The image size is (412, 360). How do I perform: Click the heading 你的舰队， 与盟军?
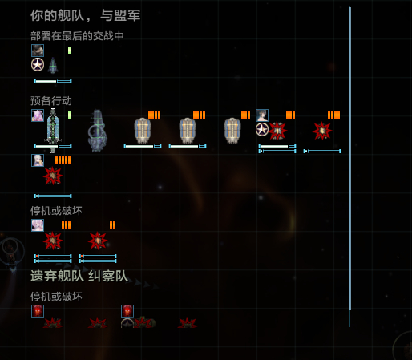[85, 15]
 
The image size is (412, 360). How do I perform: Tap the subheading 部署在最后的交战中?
[77, 36]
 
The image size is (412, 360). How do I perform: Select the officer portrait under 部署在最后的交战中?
[38, 51]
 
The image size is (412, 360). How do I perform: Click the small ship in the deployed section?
[53, 65]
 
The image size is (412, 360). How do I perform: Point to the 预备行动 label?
[51, 101]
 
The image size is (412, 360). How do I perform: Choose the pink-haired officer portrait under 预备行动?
[38, 115]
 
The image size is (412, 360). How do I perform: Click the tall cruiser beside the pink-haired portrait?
[53, 127]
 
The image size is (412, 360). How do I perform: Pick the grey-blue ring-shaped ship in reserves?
[98, 131]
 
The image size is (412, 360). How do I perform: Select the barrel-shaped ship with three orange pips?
[232, 131]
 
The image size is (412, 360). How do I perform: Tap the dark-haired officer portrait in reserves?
[262, 115]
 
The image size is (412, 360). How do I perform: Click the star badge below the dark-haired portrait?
[262, 130]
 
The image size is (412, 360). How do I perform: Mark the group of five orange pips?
[63, 160]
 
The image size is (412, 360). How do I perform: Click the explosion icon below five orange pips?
[53, 176]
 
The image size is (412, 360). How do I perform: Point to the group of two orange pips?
[112, 225]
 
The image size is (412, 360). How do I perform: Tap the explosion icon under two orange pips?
[98, 241]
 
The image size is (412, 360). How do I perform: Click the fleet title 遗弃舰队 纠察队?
[79, 276]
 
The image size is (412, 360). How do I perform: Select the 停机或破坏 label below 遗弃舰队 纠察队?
[56, 297]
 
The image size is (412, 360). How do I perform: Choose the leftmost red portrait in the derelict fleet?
[38, 311]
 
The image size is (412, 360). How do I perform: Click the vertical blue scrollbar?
[349, 159]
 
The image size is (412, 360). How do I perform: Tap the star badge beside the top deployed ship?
[38, 65]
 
